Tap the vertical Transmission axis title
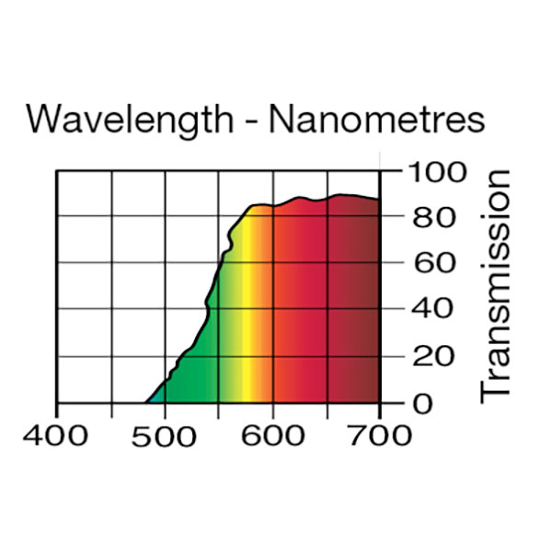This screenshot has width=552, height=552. point(496,284)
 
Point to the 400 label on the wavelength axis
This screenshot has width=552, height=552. point(57,434)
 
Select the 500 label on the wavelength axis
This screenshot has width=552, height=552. point(165,434)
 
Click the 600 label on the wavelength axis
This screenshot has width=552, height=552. point(272,434)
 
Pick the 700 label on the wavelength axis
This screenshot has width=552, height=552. point(380,434)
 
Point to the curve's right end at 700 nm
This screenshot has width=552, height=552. point(379,199)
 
